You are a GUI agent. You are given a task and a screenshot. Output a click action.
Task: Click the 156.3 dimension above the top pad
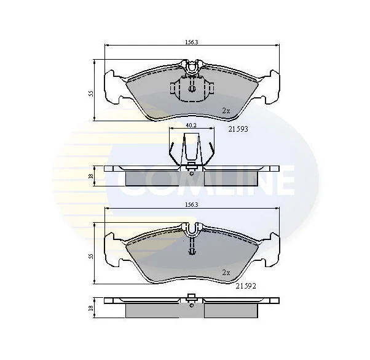[x=191, y=42]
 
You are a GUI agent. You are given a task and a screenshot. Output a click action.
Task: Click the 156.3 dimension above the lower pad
[x=191, y=205]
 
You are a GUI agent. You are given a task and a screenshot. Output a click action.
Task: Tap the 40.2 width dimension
[x=191, y=125]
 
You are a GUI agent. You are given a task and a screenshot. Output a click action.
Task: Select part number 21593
[x=238, y=129]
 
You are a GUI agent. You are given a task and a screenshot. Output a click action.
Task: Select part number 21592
[x=246, y=286]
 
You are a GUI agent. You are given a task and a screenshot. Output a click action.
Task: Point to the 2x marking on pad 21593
[x=226, y=111]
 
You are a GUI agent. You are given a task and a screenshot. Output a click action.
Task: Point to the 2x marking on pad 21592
[x=226, y=273]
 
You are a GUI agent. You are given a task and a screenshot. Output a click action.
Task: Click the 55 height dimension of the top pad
[x=91, y=94]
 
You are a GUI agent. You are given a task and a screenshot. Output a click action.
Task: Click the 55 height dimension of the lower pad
[x=91, y=256]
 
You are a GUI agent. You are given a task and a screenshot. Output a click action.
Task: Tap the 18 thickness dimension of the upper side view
[x=91, y=176]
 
